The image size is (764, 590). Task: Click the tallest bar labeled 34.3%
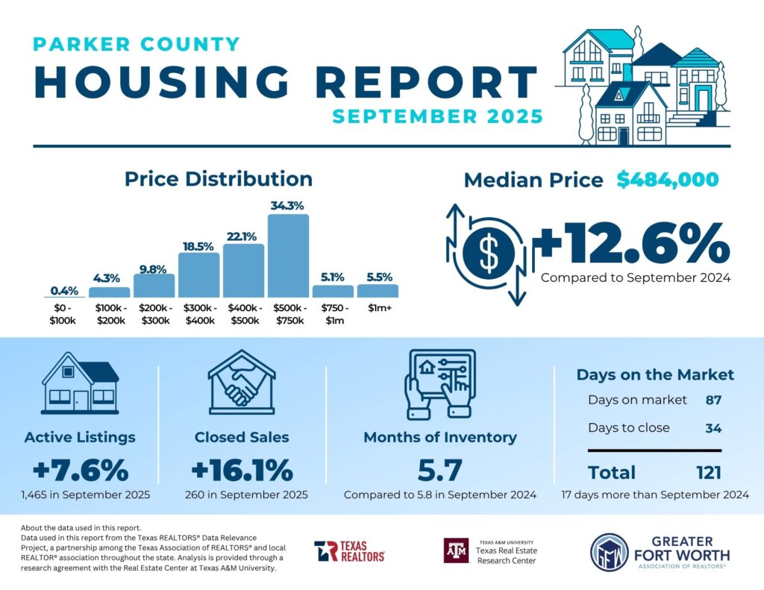coord(288,255)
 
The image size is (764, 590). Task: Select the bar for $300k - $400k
coord(198,274)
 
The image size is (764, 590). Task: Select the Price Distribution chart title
coord(218,179)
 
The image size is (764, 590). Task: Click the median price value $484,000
coord(668,180)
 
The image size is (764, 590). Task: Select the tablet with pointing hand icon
coord(439,383)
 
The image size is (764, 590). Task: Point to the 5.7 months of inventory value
coord(439,471)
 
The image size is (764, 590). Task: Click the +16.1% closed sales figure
coord(241,471)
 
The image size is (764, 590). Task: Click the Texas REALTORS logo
coord(349,550)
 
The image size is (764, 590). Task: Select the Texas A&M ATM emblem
coord(457,550)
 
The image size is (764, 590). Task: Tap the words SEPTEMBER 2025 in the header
coord(437,116)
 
